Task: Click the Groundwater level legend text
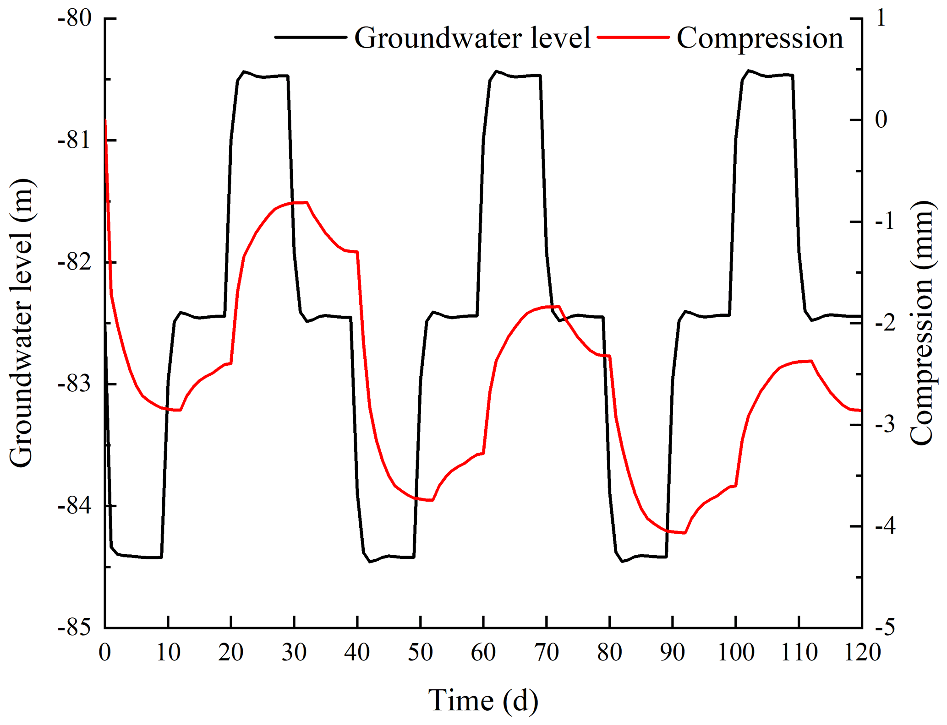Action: pos(472,38)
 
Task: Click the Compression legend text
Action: pos(760,38)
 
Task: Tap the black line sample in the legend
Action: pos(310,37)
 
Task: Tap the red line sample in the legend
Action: pos(634,37)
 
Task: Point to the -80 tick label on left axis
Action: pos(75,19)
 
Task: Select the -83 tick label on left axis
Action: pos(75,384)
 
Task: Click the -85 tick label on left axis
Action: pos(75,628)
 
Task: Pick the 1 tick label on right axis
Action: pos(881,19)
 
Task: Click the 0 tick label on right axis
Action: pos(881,120)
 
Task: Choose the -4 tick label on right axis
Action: pos(884,526)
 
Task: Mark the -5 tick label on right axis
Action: pos(884,628)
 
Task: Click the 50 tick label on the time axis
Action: pos(420,652)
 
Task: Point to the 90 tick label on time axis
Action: pos(673,652)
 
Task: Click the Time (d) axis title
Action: pos(483,701)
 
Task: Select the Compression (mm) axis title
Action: pos(921,323)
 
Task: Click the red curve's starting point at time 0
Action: pos(106,120)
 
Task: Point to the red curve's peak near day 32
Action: pos(307,202)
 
